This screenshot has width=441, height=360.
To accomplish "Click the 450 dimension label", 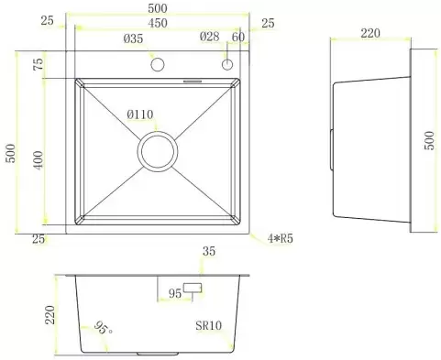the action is [x=158, y=23].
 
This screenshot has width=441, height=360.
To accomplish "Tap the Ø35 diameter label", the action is [x=133, y=38].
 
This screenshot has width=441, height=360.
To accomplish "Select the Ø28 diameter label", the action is [x=210, y=37].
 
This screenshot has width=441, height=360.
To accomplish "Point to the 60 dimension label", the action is [x=238, y=37].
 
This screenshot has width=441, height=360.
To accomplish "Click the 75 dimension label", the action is [x=39, y=64].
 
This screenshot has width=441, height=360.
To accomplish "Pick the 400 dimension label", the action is [x=39, y=160].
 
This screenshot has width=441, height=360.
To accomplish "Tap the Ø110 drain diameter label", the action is [x=140, y=115].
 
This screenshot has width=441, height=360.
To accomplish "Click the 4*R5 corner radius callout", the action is [x=281, y=238].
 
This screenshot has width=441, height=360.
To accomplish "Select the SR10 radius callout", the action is [x=209, y=325].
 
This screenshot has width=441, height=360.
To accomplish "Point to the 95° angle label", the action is [x=103, y=328].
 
